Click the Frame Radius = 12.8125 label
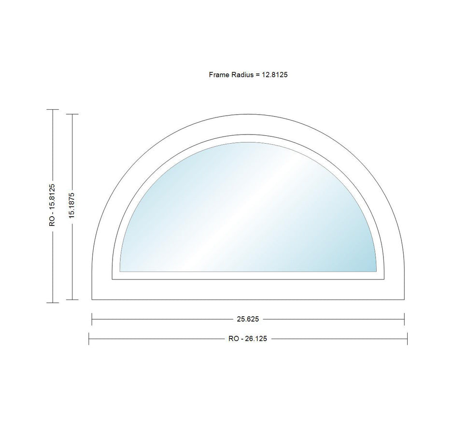coord(248,75)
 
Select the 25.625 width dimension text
coord(248,319)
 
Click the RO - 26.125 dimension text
coord(248,339)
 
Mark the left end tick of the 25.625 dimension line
coord(92,319)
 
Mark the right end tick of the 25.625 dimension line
coord(404,319)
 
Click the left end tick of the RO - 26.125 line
coord(89,339)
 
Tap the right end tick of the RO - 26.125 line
coord(407,339)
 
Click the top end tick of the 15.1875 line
coord(72,114)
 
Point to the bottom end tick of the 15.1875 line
coord(72,300)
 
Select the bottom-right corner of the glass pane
coord(376,271)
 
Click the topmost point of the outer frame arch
coord(248,114)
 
